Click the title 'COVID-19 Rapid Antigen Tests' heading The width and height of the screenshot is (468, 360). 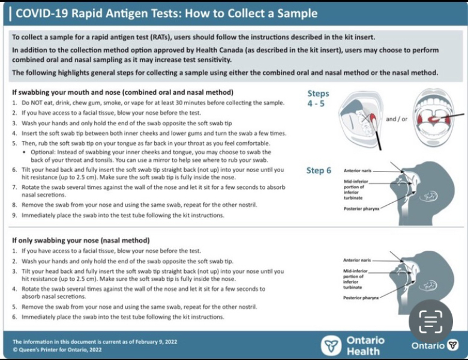[165, 13]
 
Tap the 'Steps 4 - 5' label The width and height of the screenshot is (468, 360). [318, 98]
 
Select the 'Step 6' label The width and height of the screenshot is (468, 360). [319, 170]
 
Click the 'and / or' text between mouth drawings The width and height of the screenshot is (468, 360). [396, 119]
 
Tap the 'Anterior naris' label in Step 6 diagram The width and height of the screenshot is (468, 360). [358, 171]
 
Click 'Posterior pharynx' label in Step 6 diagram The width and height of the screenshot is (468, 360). [362, 209]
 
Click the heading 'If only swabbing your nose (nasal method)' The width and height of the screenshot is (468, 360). [85, 241]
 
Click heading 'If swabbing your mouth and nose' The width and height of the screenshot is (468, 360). [122, 92]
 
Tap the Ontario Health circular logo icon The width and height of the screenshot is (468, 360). [331, 346]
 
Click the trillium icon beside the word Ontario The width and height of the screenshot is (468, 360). [453, 345]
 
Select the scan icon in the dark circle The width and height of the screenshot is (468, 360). [431, 322]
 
